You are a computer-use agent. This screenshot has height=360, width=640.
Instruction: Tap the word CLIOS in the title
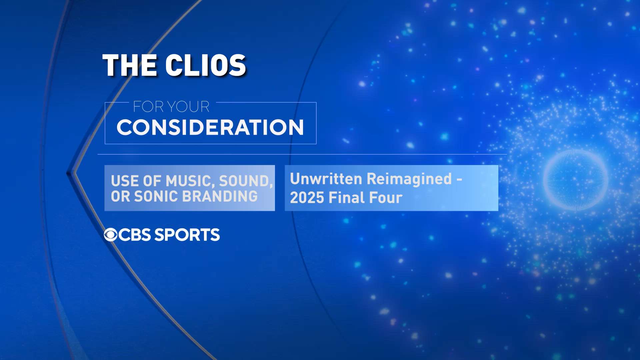(x=206, y=65)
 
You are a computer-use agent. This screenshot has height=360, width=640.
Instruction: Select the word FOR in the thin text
(x=148, y=107)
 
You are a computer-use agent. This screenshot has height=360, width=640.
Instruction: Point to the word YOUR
(x=188, y=107)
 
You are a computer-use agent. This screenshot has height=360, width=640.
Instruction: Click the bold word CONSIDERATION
(x=210, y=127)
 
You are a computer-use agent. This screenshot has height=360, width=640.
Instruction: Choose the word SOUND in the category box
(x=246, y=181)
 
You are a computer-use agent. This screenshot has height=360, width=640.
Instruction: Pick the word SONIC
(x=156, y=196)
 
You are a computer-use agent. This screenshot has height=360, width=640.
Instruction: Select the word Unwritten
(x=326, y=179)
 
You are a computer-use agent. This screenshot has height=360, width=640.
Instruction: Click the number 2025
(x=307, y=198)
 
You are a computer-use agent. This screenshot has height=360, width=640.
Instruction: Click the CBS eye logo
(x=111, y=235)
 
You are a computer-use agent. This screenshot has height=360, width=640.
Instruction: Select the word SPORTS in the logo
(x=187, y=235)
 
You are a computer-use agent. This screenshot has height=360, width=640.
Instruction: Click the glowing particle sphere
(x=575, y=180)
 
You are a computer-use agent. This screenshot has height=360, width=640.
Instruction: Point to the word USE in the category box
(x=124, y=181)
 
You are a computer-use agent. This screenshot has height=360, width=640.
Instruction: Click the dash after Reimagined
(x=459, y=180)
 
